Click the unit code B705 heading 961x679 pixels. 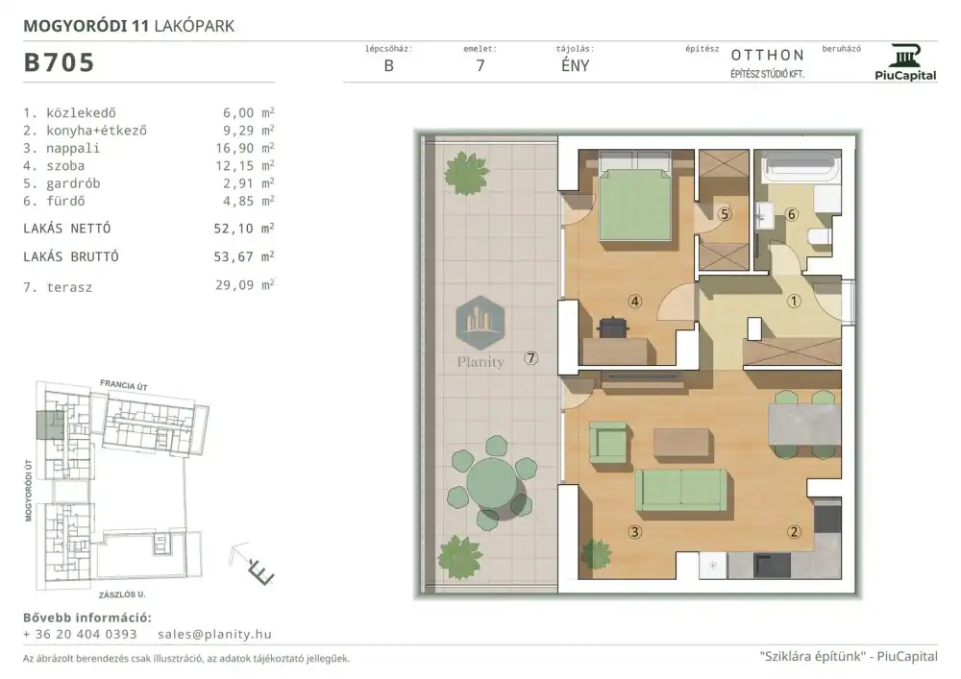[59, 62]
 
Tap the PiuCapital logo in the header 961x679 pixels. [905, 62]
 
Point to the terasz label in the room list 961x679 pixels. [69, 287]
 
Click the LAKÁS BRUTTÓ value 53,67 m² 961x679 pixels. [244, 256]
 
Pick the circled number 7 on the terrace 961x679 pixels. [531, 358]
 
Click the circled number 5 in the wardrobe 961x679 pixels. [725, 214]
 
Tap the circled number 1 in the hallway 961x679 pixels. [794, 301]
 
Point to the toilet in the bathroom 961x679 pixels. [819, 236]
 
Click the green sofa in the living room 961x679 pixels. [681, 491]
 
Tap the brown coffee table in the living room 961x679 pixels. [681, 442]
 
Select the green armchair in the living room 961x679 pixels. [608, 442]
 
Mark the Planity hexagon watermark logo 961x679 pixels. [480, 323]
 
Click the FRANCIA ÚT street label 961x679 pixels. [124, 385]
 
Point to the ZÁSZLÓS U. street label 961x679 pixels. [122, 594]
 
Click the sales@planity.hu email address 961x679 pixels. [214, 634]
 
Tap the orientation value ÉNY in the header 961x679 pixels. [575, 65]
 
